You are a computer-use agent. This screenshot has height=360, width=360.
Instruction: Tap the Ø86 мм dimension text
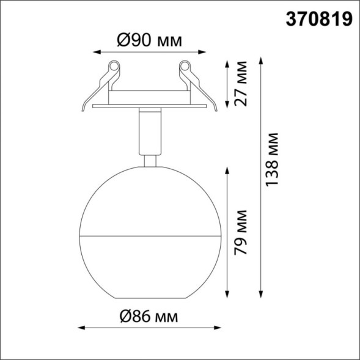[x=149, y=317]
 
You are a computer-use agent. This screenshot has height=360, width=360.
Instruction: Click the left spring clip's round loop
[x=113, y=65]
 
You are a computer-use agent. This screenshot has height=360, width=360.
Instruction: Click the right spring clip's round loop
[x=185, y=65]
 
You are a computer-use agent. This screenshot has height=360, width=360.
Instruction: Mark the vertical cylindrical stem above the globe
[x=149, y=131]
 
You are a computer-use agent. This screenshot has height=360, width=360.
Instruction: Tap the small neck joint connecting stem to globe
[x=149, y=160]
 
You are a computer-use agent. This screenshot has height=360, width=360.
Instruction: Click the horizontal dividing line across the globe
[x=149, y=235]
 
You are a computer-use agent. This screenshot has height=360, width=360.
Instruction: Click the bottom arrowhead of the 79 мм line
[x=228, y=293]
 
